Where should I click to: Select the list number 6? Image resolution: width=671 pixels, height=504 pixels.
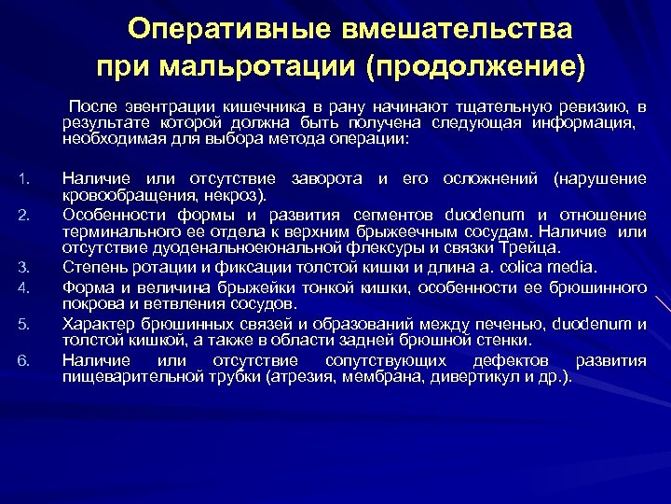click(x=25, y=361)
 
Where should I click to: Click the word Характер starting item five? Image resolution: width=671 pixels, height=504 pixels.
click(x=94, y=323)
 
